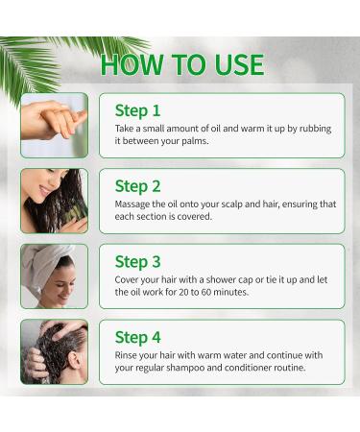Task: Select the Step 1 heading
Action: [x=137, y=111]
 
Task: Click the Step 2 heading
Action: [x=137, y=186]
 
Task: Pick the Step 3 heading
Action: [x=137, y=262]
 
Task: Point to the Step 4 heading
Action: [x=137, y=338]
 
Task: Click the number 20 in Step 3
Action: [x=182, y=292]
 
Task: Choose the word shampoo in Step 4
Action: [x=185, y=368]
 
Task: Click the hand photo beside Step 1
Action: [x=54, y=126]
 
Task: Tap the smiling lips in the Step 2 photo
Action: [x=45, y=191]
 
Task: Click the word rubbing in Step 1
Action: [x=315, y=129]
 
